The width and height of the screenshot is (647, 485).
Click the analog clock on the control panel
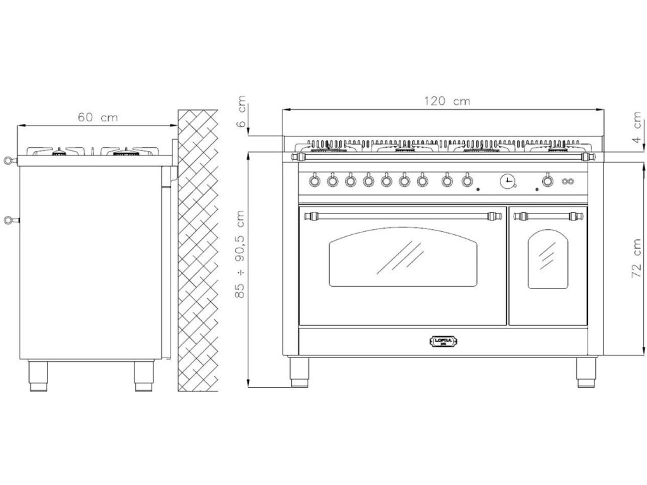point(507,182)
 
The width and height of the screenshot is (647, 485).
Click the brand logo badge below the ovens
point(444,342)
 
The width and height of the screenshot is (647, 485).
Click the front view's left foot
point(299,371)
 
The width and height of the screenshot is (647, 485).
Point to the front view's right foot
point(585,371)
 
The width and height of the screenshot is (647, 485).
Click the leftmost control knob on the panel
point(315,182)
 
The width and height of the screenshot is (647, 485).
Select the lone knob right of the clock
point(547,182)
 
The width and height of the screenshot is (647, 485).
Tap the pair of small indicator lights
point(567,182)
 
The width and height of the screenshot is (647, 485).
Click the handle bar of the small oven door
point(547,217)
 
